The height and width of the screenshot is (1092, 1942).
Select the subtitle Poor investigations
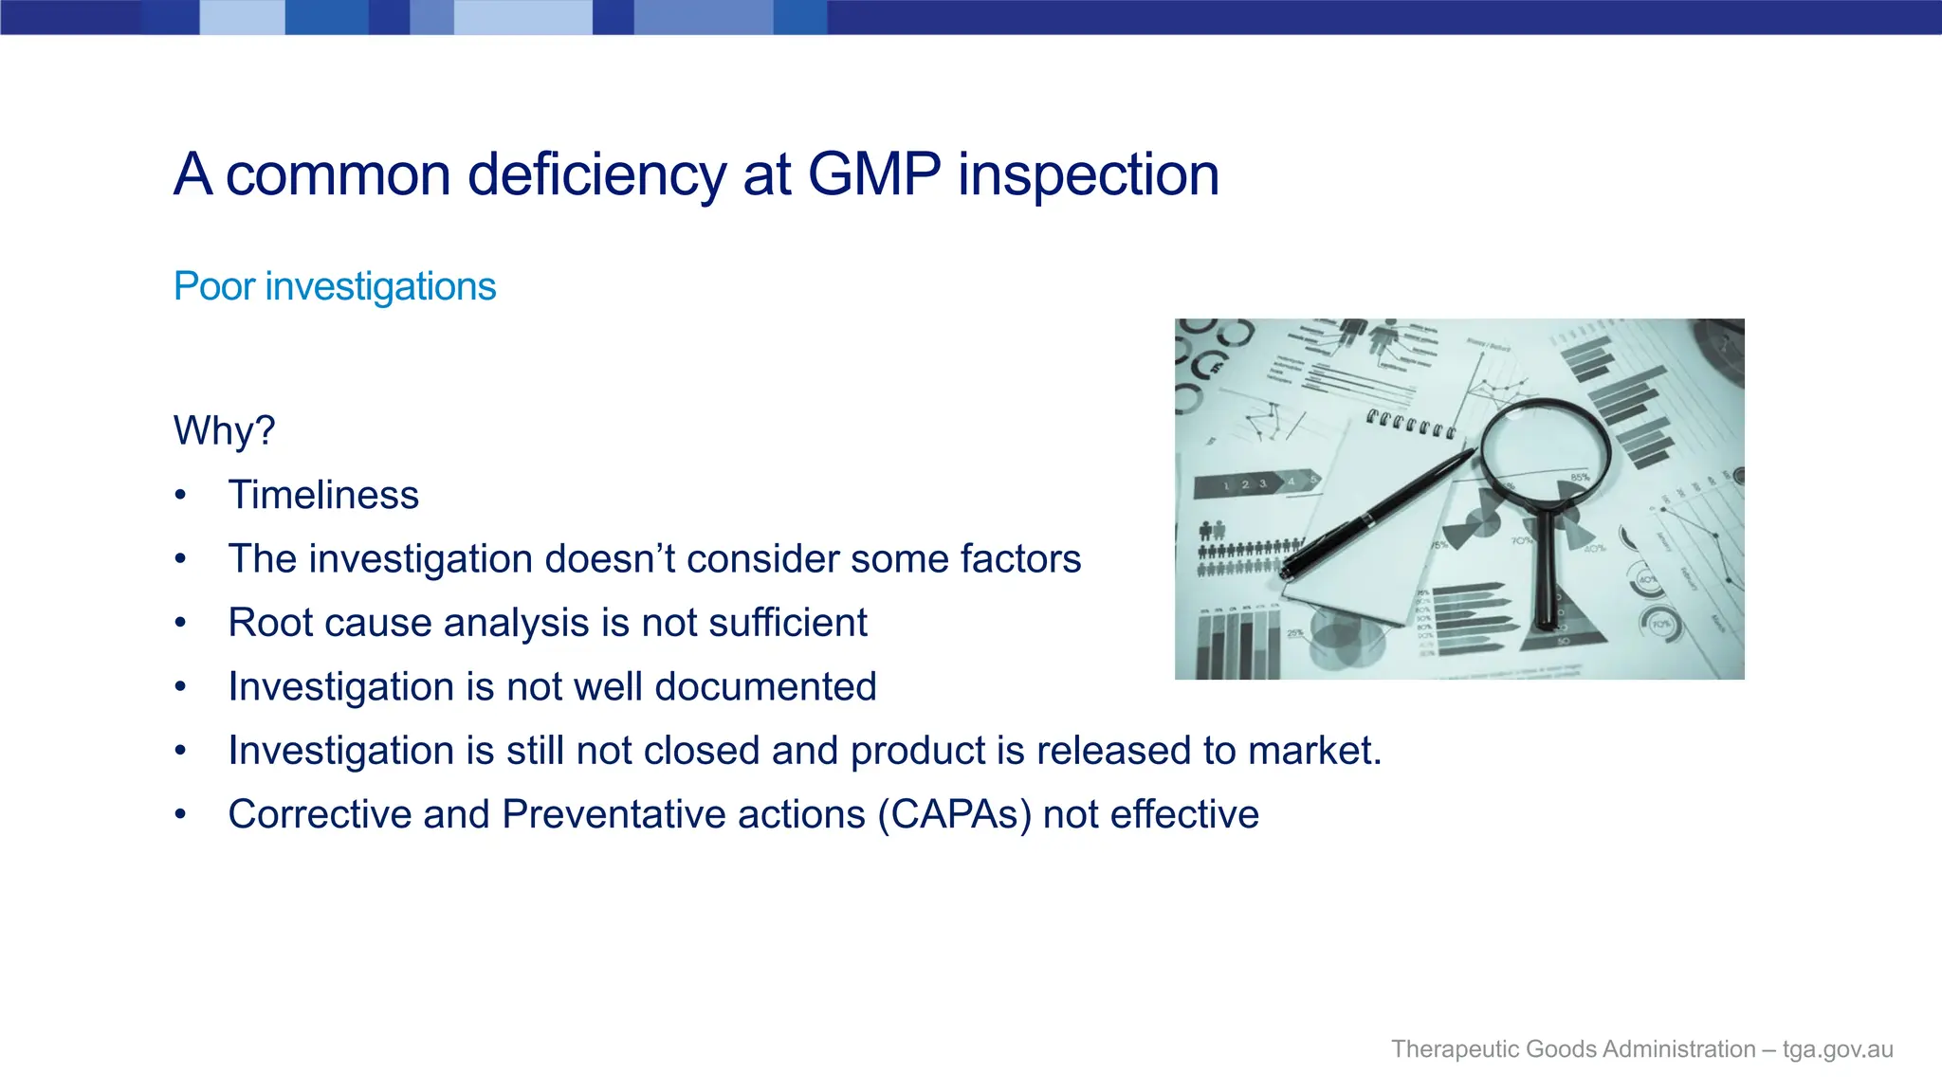coord(335,286)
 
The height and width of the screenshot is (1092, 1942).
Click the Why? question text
coord(224,430)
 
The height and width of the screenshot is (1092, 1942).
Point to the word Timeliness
coord(323,495)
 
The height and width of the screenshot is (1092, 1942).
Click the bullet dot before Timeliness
coord(180,495)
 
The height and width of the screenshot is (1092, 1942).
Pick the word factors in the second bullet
coord(1020,558)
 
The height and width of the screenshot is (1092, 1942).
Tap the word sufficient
coord(787,623)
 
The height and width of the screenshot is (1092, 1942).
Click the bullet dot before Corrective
coord(180,814)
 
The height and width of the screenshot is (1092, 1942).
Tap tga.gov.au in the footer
coord(1837,1049)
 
